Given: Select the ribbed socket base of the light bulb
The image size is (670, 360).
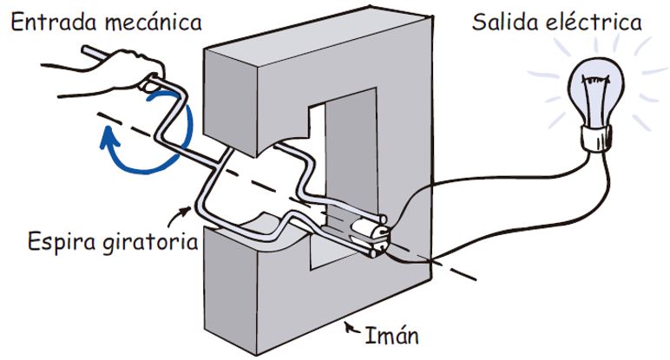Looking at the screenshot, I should (597, 138).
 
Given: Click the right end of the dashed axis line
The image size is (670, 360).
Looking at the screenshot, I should (473, 278).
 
